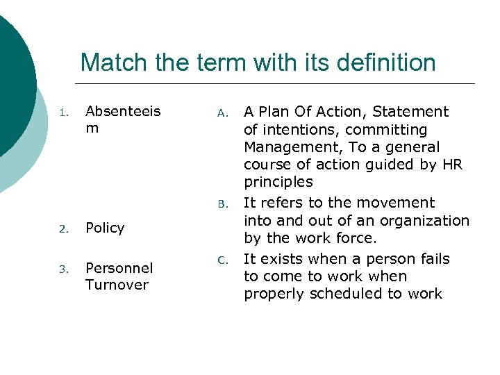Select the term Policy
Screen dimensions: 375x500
105,228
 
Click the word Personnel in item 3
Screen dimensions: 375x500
119,268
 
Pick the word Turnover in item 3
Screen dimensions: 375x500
117,285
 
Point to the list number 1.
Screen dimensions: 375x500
62,112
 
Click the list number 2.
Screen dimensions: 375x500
62,228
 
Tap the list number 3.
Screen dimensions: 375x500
62,269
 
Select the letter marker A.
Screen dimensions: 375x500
222,112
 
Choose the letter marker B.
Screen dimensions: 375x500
222,204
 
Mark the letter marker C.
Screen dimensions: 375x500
222,260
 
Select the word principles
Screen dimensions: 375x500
278,182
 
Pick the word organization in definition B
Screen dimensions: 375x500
431,220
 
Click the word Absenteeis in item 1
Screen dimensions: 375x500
123,112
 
